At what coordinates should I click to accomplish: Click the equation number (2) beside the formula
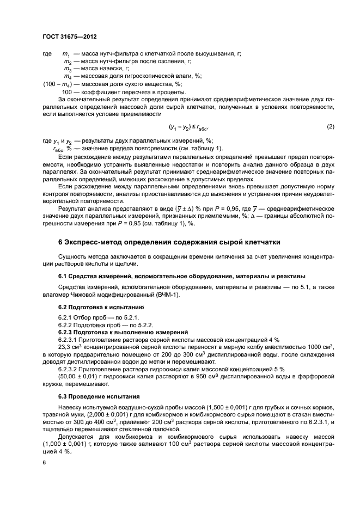330,127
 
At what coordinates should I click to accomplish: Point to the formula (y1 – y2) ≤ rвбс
188,127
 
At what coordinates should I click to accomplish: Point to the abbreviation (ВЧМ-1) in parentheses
170,295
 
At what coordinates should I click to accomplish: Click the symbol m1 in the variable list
66,54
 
